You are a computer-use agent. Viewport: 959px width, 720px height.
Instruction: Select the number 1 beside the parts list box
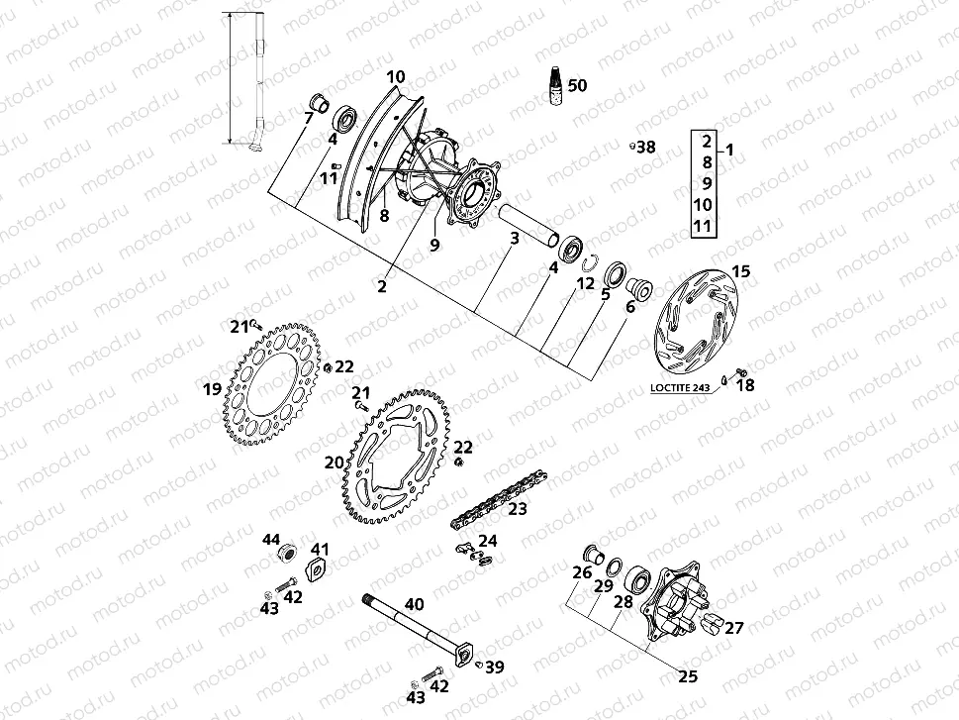(x=730, y=151)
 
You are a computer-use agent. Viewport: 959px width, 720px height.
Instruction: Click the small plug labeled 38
(x=630, y=148)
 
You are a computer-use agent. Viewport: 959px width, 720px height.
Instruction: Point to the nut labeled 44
(x=290, y=551)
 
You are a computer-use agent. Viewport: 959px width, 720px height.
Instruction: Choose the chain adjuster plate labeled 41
(x=320, y=568)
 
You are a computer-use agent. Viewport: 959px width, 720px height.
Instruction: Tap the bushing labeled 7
(x=319, y=102)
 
